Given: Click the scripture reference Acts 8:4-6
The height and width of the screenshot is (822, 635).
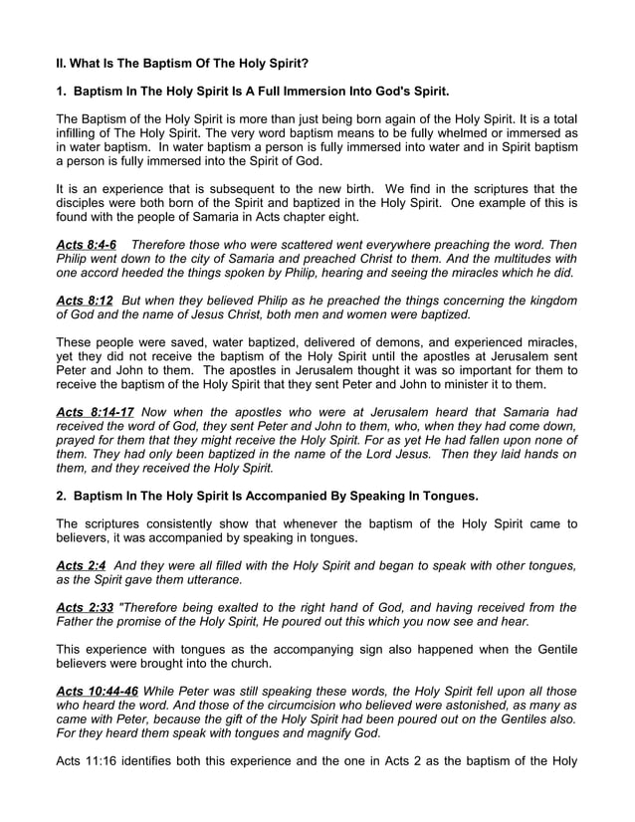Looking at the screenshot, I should pos(86,244).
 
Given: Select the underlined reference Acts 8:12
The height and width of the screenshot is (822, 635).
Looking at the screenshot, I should pos(84,301).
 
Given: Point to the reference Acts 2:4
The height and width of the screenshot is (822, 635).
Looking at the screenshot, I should pos(80,565).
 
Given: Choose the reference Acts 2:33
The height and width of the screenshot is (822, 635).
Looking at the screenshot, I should pos(84,607).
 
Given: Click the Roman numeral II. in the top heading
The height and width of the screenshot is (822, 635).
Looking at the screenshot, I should pos(61,63).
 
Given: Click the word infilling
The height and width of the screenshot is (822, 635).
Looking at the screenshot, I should pos(80,133).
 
